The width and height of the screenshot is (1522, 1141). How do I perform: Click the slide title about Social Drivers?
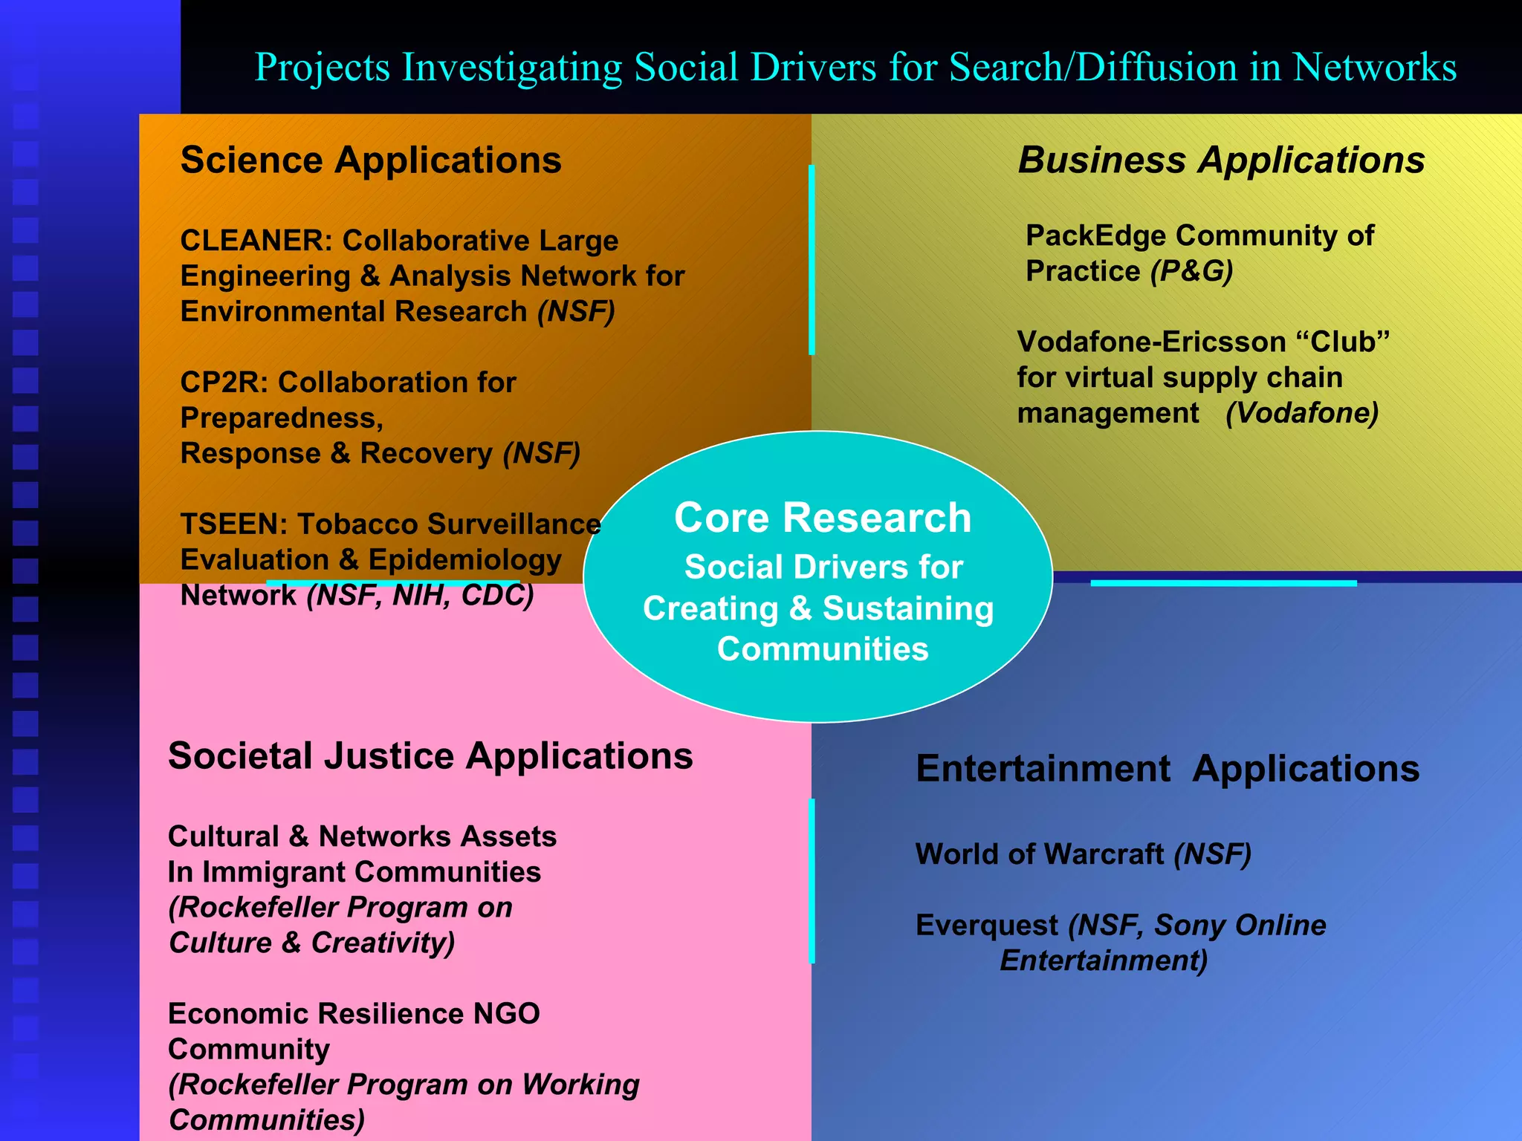(x=855, y=67)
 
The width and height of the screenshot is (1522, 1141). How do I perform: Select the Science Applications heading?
(x=371, y=160)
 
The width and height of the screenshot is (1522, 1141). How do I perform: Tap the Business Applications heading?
(x=1221, y=160)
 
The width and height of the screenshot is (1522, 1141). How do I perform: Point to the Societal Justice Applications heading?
(x=430, y=756)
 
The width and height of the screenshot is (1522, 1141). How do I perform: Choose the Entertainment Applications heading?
(x=1168, y=769)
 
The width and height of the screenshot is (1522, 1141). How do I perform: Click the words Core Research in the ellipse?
(x=823, y=518)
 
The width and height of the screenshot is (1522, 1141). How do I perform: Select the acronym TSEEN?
(x=229, y=524)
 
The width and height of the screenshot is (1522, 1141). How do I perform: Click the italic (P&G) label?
(x=1191, y=272)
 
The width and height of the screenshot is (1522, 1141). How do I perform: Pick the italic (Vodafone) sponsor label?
(x=1302, y=413)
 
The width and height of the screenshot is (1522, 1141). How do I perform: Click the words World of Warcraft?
(x=1040, y=854)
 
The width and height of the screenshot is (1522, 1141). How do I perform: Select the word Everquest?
(x=987, y=926)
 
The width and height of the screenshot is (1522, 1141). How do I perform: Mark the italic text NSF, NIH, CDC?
(x=421, y=596)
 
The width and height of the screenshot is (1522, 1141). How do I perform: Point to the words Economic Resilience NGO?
(x=354, y=1014)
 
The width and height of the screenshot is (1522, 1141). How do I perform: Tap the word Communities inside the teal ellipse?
(x=823, y=649)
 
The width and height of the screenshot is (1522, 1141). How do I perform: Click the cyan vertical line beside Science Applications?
(x=812, y=260)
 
